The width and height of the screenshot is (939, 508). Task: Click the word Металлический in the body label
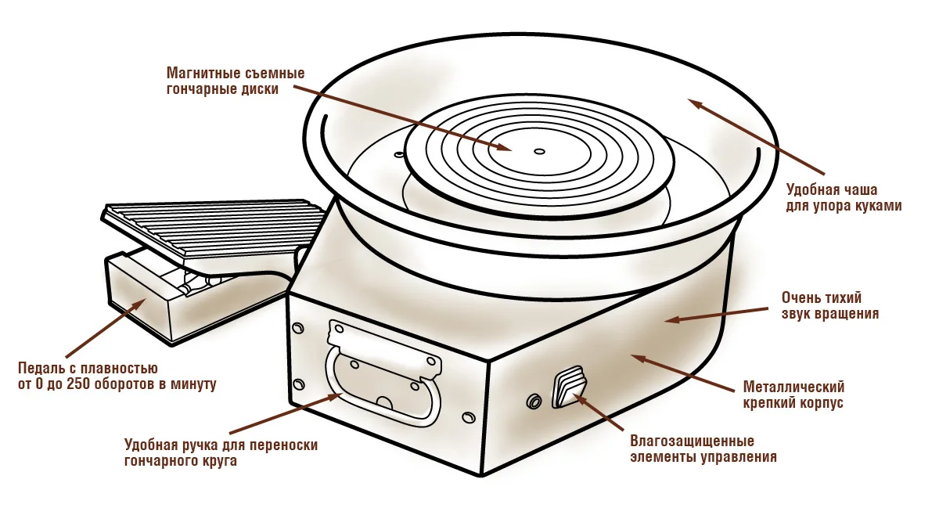click(793, 387)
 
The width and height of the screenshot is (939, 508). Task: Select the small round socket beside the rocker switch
click(534, 402)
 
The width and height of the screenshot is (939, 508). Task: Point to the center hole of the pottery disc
click(538, 150)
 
